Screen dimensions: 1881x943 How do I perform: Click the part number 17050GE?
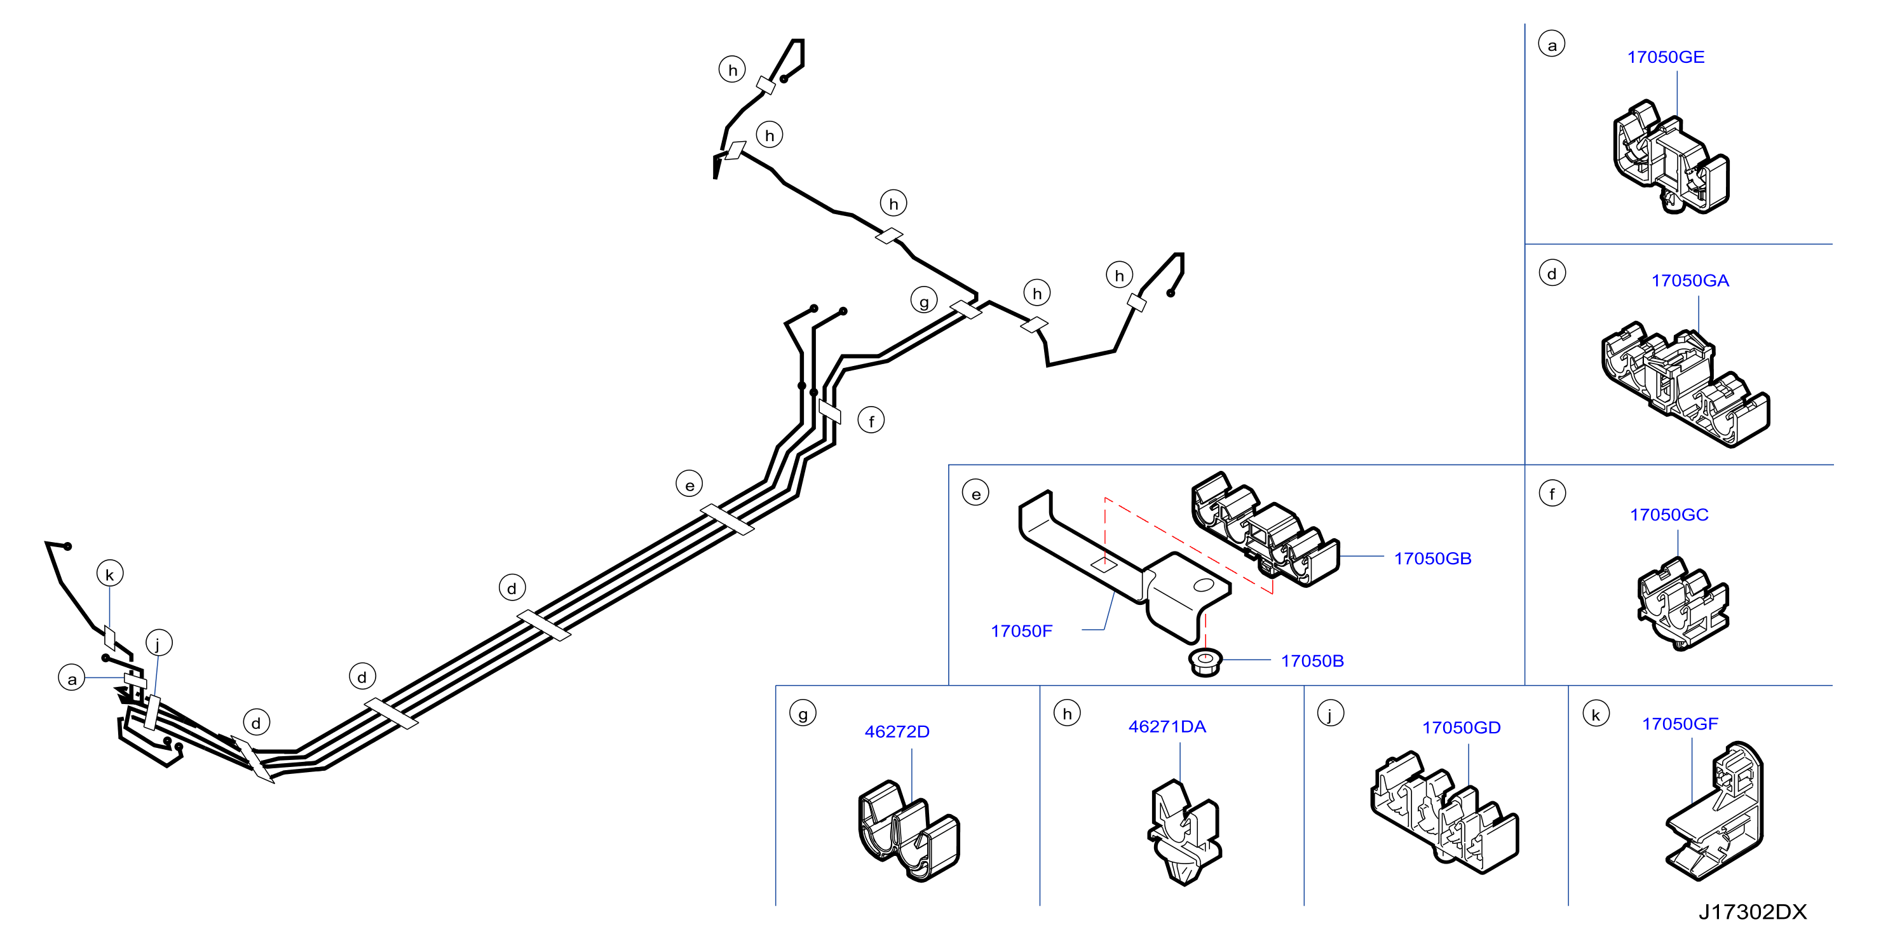[1666, 57]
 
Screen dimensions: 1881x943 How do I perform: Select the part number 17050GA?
[1690, 280]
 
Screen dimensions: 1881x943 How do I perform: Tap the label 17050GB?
[1432, 559]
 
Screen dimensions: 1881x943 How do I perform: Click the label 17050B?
[1312, 661]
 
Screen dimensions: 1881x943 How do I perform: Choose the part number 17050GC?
[1669, 515]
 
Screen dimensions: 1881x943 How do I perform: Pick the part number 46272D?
[897, 732]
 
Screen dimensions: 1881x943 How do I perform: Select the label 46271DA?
[1167, 727]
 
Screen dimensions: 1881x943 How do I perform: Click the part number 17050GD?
[1461, 728]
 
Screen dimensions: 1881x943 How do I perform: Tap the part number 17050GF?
[1680, 724]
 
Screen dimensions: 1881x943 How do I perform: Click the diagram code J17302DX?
[1753, 912]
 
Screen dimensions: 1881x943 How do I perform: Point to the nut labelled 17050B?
[1205, 661]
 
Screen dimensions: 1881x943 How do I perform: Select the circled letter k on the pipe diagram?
[109, 574]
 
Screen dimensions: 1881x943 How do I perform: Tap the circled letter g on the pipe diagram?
[924, 301]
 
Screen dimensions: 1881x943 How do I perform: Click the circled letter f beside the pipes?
[871, 421]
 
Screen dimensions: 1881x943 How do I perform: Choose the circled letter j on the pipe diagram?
[158, 644]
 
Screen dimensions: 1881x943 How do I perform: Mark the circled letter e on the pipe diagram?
[689, 484]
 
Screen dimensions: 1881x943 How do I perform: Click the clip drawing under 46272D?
[908, 831]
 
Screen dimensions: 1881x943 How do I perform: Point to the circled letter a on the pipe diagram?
[72, 679]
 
